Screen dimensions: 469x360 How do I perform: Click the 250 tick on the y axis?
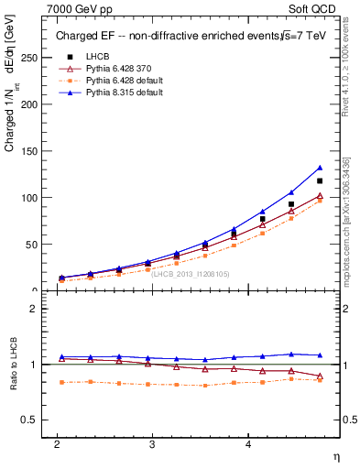click(27, 58)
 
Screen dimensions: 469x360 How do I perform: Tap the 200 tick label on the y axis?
click(27, 104)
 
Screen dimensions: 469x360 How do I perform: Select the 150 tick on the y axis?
click(27, 151)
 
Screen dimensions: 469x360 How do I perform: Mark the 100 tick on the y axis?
click(27, 198)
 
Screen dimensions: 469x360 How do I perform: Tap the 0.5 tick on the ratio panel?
click(29, 420)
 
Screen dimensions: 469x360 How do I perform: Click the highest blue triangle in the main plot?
click(320, 168)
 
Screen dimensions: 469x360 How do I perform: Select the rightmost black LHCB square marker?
click(320, 180)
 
